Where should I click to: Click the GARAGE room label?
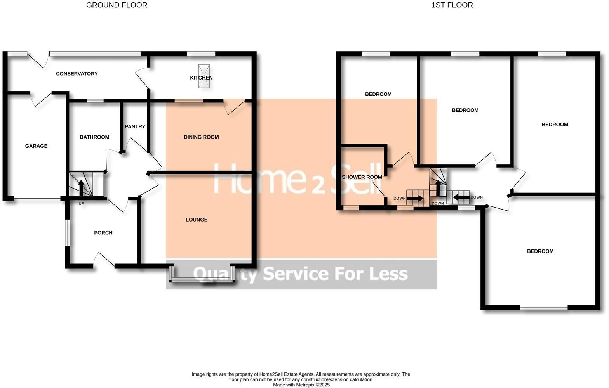coord(36,146)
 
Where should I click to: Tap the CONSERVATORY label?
coord(77,74)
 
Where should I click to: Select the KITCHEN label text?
coord(201,78)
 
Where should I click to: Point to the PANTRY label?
coord(135,126)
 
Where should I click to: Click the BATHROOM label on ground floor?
coord(94,137)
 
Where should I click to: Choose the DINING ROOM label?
coord(201,137)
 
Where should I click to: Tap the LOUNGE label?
coord(197,220)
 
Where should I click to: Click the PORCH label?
coord(103,233)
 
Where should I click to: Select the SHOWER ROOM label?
coord(362,177)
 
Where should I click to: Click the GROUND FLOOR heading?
coord(117,5)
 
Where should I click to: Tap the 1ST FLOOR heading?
coord(452,5)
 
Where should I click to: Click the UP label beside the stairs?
coord(81,203)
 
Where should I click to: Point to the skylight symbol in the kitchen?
coord(204,76)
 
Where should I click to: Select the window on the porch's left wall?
coord(67,232)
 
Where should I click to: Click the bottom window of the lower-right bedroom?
coord(543,307)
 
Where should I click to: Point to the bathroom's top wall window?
coord(95,101)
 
